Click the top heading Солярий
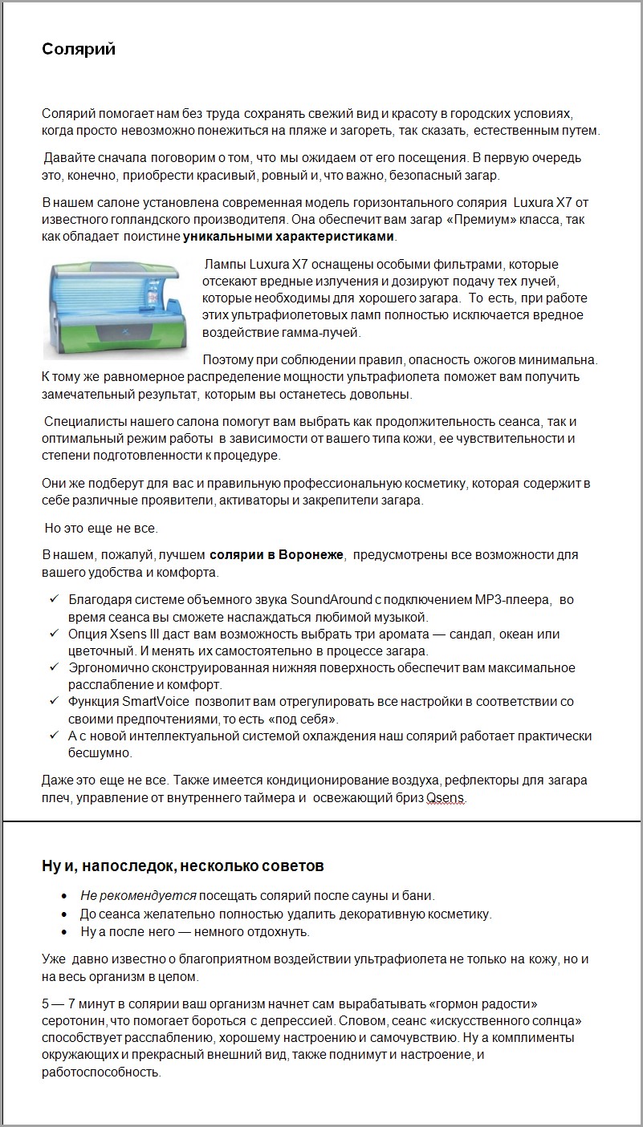coord(79,50)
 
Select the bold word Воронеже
coord(311,555)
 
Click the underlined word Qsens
coord(446,798)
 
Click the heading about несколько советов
coord(183,866)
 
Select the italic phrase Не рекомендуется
coord(138,896)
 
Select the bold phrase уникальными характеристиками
coord(289,237)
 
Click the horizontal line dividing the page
coord(321,822)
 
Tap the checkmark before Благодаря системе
coord(54,600)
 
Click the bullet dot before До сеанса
coord(65,914)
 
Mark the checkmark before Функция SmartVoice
coord(54,702)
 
